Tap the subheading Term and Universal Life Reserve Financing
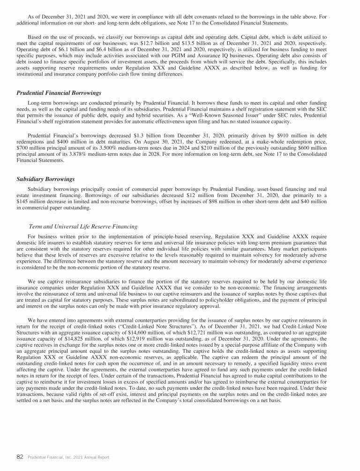point(83,227)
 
